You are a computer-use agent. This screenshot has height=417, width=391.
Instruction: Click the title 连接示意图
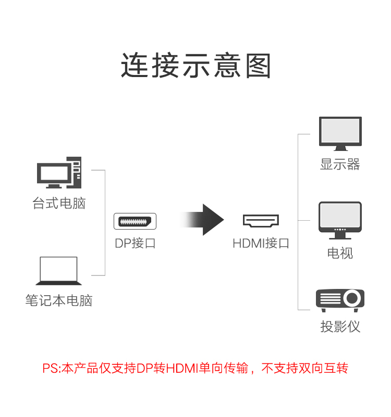pos(195,66)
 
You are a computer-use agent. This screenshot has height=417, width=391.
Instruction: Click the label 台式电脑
pos(59,203)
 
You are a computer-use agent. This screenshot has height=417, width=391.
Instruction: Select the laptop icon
pos(59,271)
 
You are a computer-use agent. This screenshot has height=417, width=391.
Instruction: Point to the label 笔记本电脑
pos(59,300)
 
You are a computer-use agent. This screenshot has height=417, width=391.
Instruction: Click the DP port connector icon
pos(135,221)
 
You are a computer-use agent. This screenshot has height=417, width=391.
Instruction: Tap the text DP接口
pos(135,243)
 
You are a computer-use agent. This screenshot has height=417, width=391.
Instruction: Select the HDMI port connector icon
pos(261,221)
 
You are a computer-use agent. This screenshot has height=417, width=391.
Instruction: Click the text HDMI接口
pos(261,243)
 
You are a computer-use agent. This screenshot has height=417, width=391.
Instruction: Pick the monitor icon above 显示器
pos(340,133)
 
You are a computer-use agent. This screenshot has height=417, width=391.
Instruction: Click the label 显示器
pos(340,165)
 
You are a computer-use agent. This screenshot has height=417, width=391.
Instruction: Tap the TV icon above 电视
pos(340,219)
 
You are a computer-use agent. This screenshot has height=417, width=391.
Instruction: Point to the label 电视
pos(340,253)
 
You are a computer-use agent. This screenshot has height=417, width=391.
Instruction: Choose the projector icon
pos(340,301)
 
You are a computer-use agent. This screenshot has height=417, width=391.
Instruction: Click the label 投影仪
pos(340,327)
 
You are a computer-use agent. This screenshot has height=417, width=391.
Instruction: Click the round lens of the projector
pos(352,299)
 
